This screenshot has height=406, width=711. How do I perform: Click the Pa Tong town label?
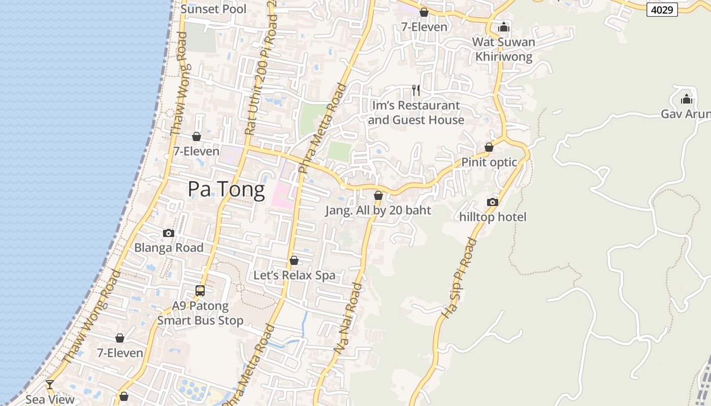226,189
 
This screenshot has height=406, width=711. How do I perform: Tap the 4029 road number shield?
662,10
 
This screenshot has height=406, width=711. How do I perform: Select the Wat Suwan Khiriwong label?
504,49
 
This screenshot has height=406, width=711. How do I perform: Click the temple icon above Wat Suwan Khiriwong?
504,27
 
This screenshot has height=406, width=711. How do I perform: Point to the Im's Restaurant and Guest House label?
416,113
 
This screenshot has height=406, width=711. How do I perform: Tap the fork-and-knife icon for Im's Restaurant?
416,90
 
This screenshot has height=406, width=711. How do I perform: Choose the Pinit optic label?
489,162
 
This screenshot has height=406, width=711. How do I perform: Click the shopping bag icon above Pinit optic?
489,147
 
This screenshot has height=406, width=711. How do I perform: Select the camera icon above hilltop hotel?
492,202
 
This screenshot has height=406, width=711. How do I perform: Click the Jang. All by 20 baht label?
378,211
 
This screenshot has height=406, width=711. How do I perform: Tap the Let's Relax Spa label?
295,276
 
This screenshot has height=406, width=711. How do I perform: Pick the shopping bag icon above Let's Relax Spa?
294,260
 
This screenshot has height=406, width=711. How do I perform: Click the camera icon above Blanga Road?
169,233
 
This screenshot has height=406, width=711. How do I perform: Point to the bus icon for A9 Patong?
200,291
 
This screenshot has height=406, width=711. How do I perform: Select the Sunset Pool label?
213,9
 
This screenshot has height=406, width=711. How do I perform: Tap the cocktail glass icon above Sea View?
50,384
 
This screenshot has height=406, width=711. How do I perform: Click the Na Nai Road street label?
349,318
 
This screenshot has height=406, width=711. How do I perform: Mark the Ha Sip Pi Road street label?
459,278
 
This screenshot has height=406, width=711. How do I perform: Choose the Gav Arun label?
686,114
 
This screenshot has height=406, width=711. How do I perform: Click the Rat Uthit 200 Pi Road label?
260,76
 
